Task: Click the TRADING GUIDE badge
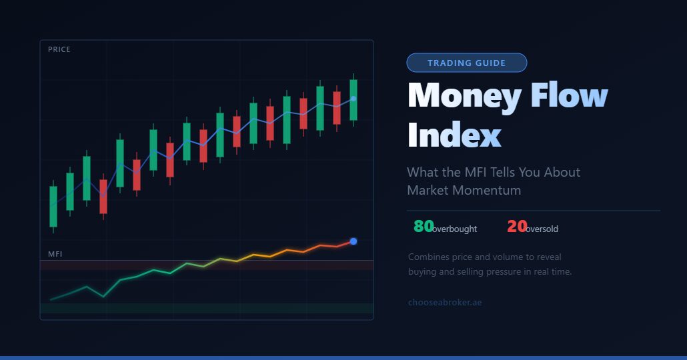tap(466, 63)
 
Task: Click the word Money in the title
tap(464, 97)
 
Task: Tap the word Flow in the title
tap(569, 97)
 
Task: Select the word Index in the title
tap(454, 135)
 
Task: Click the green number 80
tap(424, 227)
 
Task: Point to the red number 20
tap(517, 227)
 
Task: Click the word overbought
tap(455, 229)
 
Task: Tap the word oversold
tap(542, 229)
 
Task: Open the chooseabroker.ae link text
tap(445, 303)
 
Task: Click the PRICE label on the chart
tap(59, 49)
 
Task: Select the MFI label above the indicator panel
tap(55, 254)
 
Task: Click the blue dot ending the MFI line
tap(354, 241)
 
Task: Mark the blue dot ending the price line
tap(354, 99)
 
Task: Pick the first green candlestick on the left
tap(53, 207)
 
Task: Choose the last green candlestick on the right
tap(354, 100)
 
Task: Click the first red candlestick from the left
tap(103, 196)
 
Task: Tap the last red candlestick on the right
tap(337, 108)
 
